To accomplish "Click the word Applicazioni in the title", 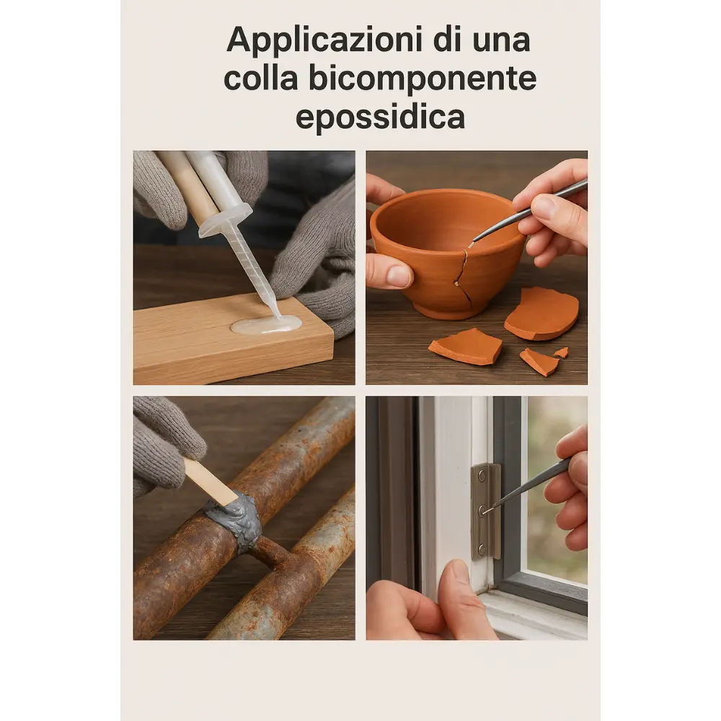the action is tap(325, 41).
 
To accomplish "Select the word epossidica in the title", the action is tap(380, 118).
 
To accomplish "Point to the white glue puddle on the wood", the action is tap(267, 324).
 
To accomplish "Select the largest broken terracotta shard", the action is tap(541, 313).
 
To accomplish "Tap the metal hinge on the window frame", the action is tap(485, 511).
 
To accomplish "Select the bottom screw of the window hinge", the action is tap(482, 548).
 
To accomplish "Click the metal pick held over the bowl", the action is tap(528, 211).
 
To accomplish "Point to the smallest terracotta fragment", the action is tap(562, 353).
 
